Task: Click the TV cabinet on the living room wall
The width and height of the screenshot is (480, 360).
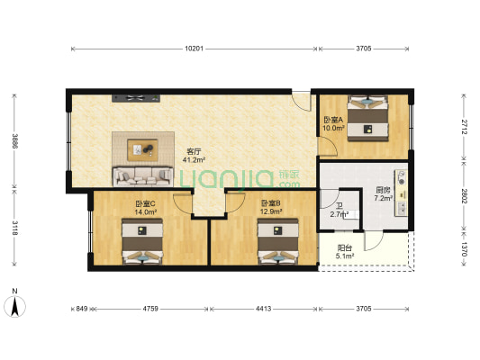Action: point(134,96)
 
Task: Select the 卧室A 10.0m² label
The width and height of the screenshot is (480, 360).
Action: point(334,124)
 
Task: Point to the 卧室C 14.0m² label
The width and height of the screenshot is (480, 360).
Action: point(146,209)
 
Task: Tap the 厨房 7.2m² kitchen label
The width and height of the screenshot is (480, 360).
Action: point(383,193)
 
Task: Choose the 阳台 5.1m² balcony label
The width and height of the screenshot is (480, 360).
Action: point(345,251)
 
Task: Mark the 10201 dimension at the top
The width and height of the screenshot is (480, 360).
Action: point(195,48)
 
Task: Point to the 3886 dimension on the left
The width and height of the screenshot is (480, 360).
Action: point(14,141)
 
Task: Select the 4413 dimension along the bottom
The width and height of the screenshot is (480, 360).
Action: point(263,309)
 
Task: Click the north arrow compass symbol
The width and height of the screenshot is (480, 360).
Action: point(15,305)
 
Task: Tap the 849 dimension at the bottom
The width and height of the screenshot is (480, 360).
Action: point(81,309)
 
